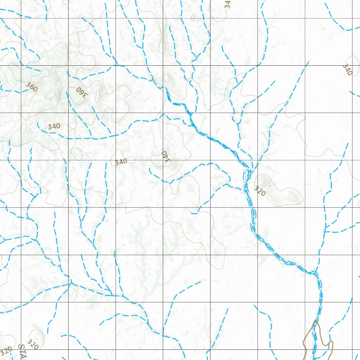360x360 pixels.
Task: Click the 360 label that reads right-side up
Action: pos(31,86)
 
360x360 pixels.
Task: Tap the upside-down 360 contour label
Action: pos(81,92)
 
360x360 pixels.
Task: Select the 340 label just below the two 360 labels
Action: pos(54,126)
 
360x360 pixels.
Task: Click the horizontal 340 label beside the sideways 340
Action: pos(121,162)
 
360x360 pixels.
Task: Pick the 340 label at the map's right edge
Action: pos(347,70)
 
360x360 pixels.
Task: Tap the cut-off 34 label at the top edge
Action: pos(227,4)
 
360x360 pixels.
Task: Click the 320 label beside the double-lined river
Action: pos(259,191)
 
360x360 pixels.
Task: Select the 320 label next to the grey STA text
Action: pos(32,344)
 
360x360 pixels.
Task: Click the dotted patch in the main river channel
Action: pos(247,174)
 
